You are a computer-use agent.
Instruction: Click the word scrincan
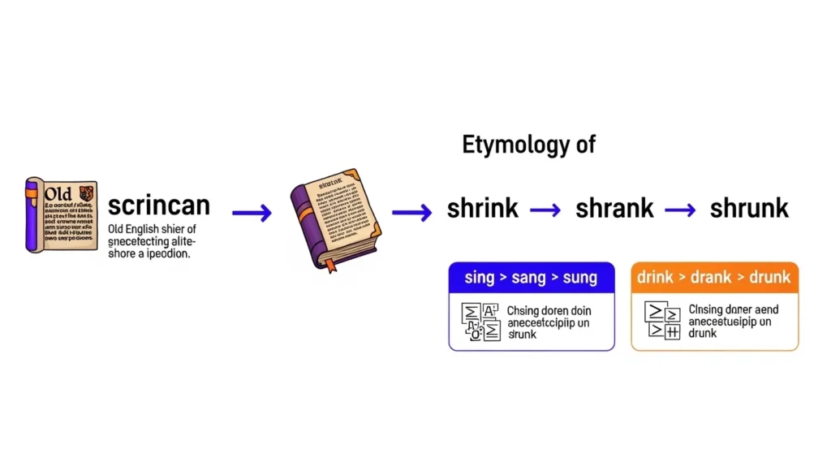[x=158, y=205]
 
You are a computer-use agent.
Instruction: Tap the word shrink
[x=482, y=208]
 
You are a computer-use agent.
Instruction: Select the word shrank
[x=614, y=208]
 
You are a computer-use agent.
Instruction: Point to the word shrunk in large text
[x=748, y=208]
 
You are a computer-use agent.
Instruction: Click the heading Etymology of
[x=528, y=145]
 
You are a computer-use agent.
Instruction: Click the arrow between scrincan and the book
[x=252, y=213]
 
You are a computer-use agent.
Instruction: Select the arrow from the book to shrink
[x=411, y=213]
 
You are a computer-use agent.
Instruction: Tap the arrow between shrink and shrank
[x=545, y=210]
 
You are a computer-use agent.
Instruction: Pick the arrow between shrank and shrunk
[x=680, y=210]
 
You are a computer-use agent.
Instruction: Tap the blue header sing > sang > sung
[x=531, y=278]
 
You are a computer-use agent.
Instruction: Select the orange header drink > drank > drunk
[x=714, y=278]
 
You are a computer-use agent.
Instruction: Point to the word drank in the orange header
[x=715, y=278]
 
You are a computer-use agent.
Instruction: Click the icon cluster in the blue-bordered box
[x=479, y=321]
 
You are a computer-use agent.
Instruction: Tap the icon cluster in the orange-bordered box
[x=661, y=321]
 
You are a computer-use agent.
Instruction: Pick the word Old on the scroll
[x=59, y=194]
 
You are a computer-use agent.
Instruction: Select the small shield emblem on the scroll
[x=87, y=193]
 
